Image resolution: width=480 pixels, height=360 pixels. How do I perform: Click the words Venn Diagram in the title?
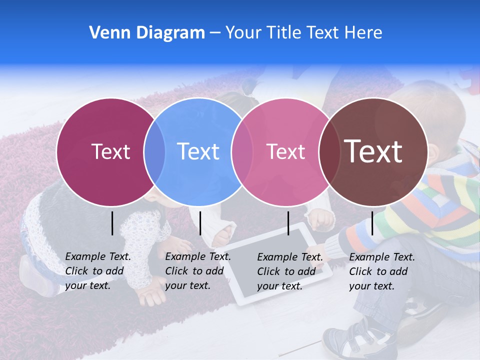click(x=147, y=33)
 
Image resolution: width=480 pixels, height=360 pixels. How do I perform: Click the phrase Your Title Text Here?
click(x=303, y=33)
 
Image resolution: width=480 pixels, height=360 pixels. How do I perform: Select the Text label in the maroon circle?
click(x=110, y=151)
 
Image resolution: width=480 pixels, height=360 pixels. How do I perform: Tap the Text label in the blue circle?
click(x=198, y=151)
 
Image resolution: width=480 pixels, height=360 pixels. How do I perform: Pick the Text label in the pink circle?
click(x=285, y=151)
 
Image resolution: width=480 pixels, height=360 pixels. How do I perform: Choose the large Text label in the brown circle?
click(x=373, y=151)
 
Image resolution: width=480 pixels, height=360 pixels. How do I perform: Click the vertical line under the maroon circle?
click(x=112, y=223)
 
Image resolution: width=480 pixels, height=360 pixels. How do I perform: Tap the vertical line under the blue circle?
click(x=200, y=223)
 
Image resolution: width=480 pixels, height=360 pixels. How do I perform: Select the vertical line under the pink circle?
click(x=288, y=223)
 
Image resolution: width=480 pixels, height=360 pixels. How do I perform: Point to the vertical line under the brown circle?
click(x=372, y=223)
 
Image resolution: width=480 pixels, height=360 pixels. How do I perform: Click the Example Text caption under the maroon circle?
click(x=97, y=271)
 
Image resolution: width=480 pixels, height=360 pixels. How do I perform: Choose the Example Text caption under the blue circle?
click(x=197, y=271)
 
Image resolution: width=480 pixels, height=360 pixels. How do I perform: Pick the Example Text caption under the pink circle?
click(x=289, y=271)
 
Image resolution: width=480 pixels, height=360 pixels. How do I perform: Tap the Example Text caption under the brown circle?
click(x=381, y=271)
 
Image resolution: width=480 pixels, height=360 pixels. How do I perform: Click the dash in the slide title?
click(x=215, y=33)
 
